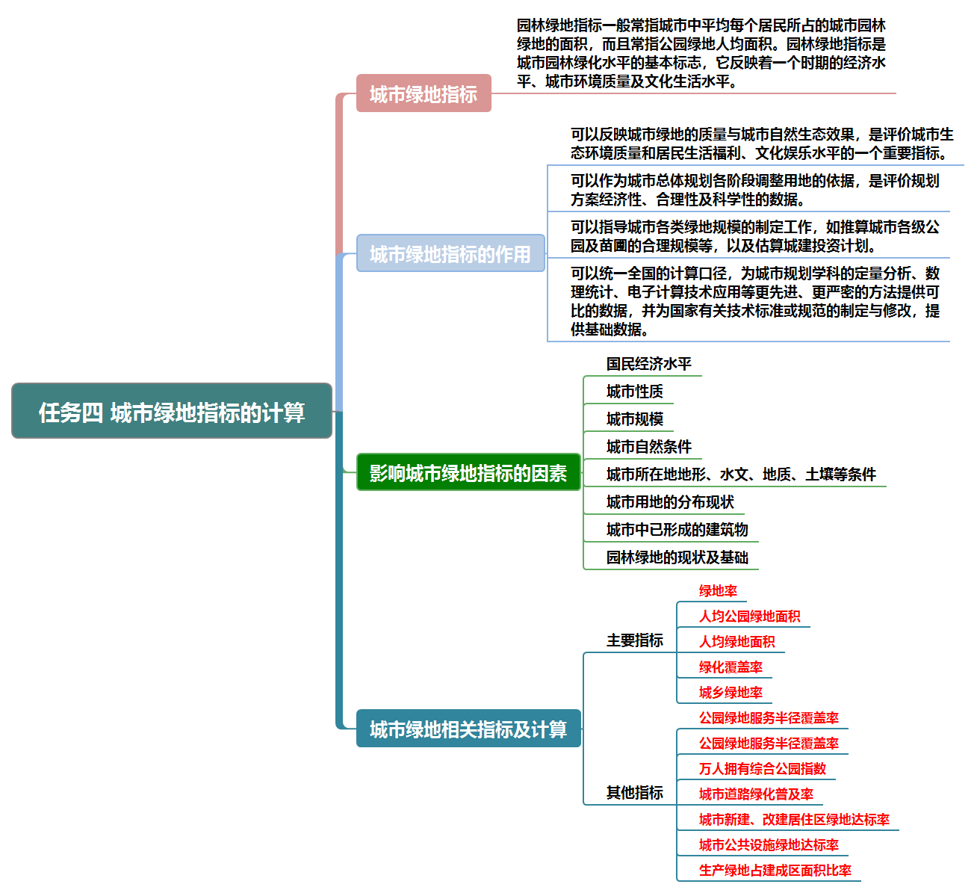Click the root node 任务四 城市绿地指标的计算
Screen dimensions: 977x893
click(x=172, y=411)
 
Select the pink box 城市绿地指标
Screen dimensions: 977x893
click(x=424, y=93)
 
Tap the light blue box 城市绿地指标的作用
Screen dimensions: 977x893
click(x=450, y=253)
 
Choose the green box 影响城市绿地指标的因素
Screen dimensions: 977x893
click(x=468, y=472)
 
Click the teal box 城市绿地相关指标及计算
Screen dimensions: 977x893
click(x=468, y=729)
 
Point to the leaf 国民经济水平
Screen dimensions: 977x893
click(x=648, y=364)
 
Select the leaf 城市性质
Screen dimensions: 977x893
click(x=634, y=392)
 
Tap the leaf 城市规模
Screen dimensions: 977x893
click(x=634, y=419)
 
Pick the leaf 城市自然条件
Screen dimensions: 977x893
click(x=648, y=447)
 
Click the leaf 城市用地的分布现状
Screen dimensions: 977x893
click(x=670, y=502)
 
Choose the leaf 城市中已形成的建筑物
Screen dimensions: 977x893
click(x=677, y=530)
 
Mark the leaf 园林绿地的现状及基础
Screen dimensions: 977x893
click(x=677, y=557)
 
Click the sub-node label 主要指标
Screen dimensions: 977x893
click(x=634, y=640)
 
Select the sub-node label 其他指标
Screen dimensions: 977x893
click(x=634, y=793)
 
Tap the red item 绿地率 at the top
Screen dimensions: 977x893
click(x=718, y=591)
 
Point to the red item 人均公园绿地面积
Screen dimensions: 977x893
click(x=749, y=617)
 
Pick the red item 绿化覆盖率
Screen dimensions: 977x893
click(x=731, y=667)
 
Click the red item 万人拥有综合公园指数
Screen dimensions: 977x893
click(x=762, y=769)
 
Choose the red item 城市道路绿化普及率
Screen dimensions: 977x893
click(x=756, y=794)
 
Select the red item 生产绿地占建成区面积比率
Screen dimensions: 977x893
click(x=775, y=871)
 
